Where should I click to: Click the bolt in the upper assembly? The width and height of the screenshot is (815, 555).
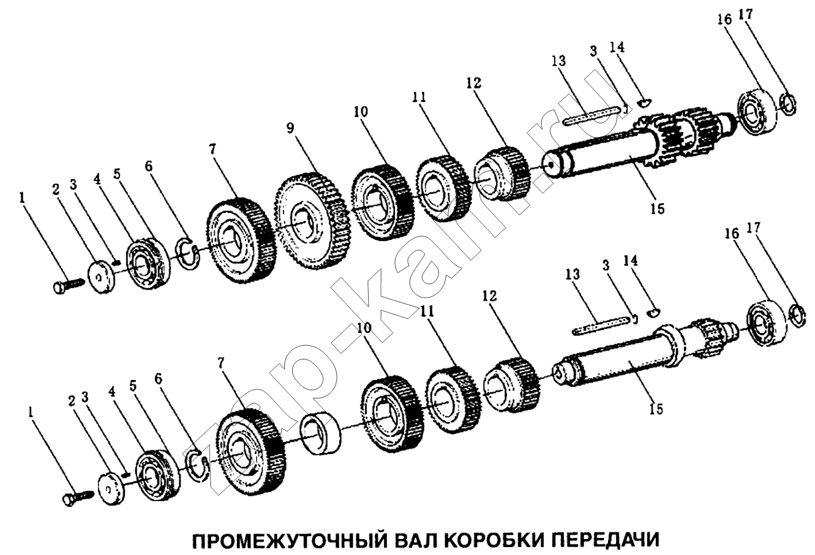click(68, 285)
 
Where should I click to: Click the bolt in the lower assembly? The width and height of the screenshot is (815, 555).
click(78, 496)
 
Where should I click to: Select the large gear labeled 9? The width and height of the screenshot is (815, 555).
click(310, 220)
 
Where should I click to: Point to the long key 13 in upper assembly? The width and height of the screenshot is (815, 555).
click(590, 116)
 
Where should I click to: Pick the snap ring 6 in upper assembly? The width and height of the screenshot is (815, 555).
click(188, 254)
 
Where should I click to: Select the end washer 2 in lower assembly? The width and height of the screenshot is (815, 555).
click(111, 488)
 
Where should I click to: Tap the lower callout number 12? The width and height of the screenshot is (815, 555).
click(489, 296)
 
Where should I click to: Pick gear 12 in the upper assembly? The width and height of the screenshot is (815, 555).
click(501, 173)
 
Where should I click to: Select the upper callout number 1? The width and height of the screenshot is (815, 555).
click(23, 198)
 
